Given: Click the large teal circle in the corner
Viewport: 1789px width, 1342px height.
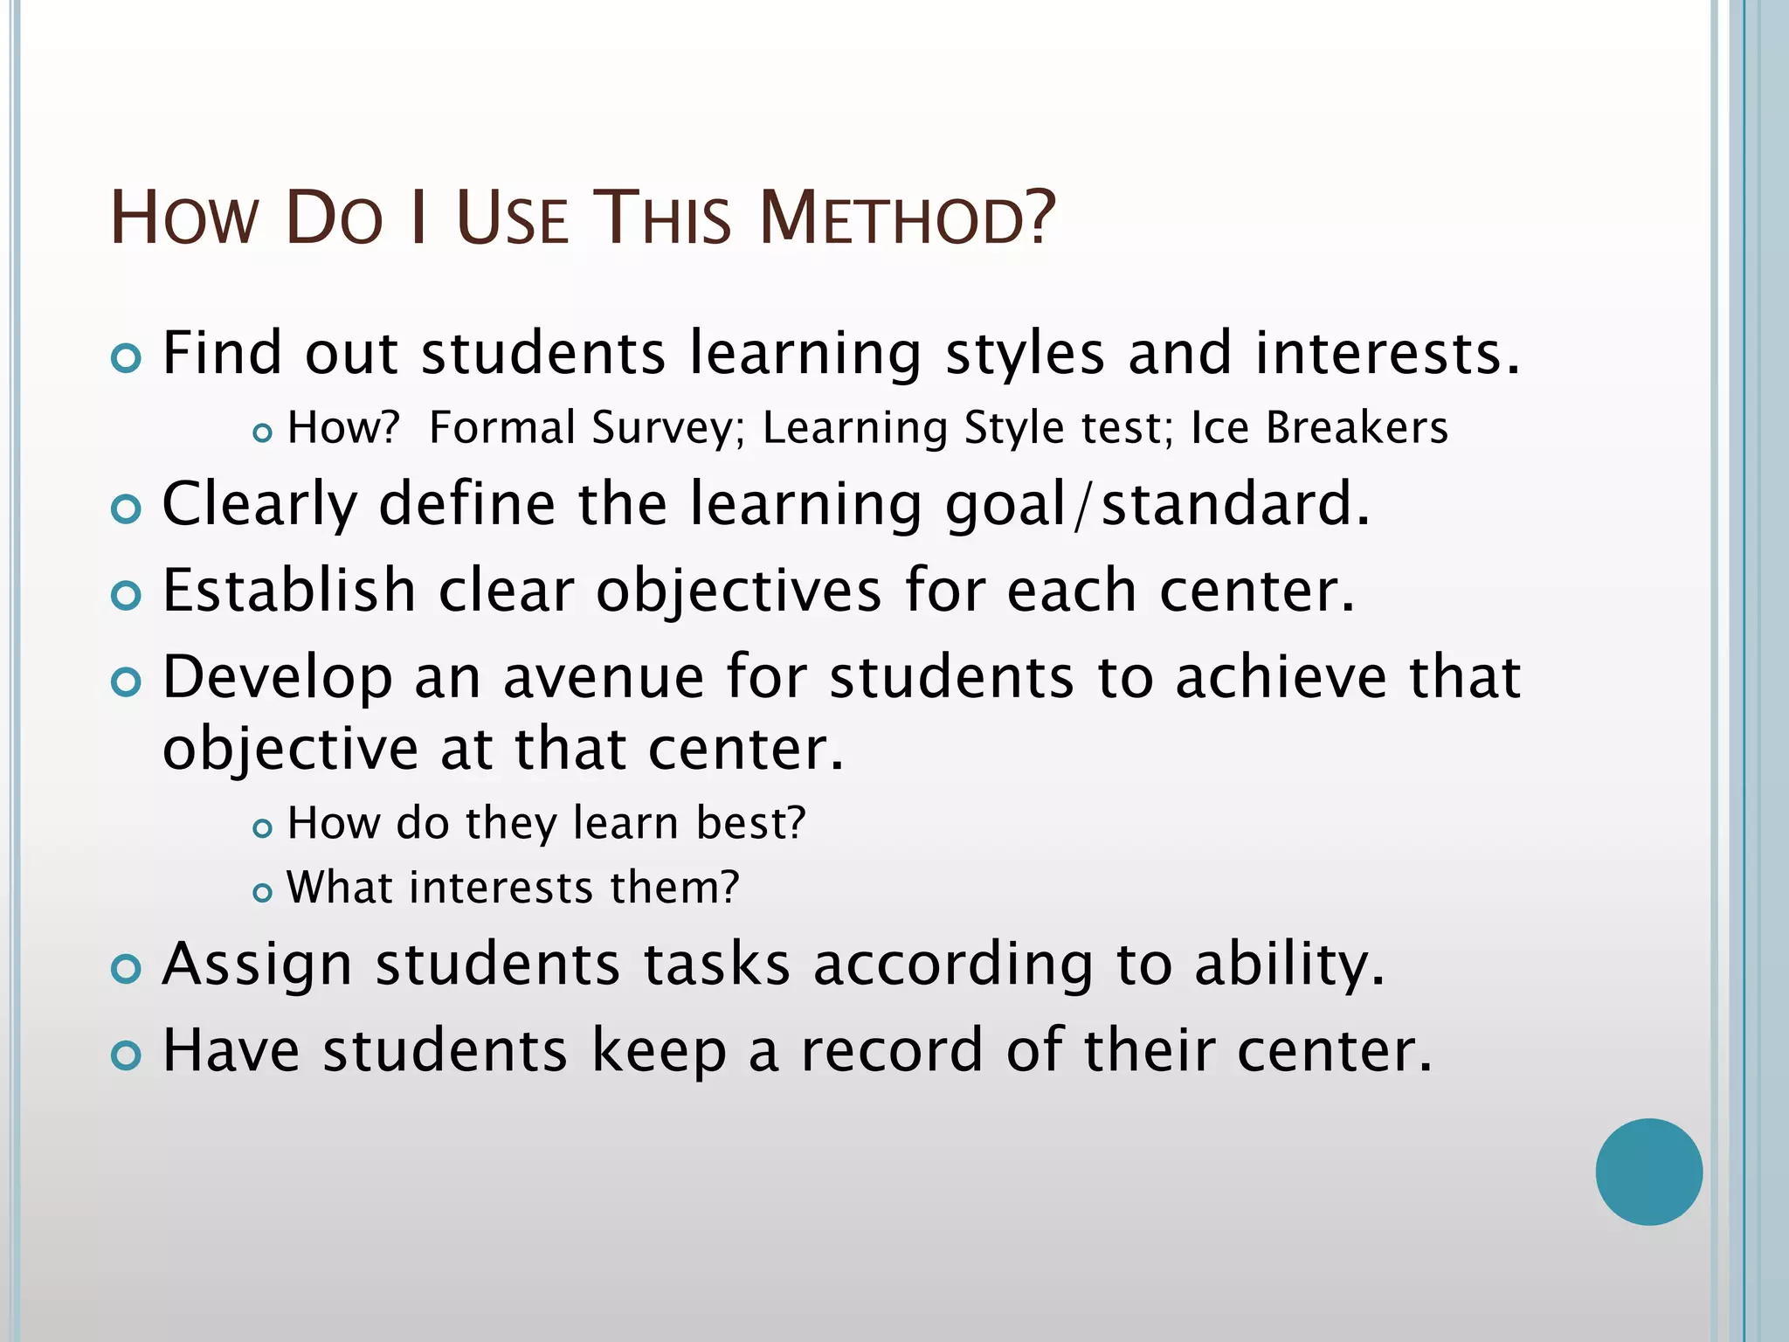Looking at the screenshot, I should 1648,1172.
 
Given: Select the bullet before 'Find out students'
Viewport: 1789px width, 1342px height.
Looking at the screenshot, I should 127,358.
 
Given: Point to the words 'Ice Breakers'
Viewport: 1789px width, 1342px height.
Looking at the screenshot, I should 1319,428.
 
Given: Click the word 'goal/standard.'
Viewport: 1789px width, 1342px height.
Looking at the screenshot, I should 1158,505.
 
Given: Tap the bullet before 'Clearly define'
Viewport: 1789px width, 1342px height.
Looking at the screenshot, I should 127,509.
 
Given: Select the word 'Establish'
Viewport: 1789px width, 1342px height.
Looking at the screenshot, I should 289,591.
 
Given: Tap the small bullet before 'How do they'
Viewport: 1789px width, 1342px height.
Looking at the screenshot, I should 262,827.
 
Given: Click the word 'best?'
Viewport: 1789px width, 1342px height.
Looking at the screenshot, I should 750,823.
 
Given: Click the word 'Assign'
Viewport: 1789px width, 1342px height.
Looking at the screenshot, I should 258,966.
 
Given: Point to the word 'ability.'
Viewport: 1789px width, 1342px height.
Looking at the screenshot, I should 1289,966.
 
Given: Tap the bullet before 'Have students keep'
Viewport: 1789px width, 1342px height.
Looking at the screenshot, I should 127,1055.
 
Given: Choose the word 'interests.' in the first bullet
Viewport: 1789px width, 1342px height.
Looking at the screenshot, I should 1388,353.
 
